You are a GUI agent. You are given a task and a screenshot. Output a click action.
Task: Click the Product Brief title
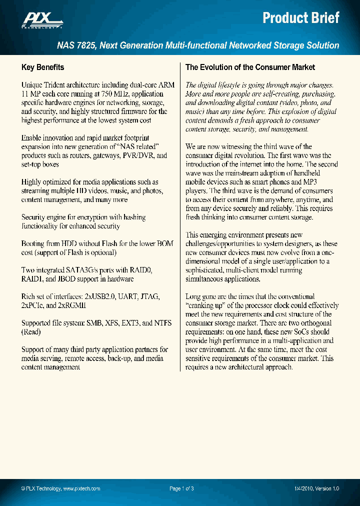(x=301, y=18)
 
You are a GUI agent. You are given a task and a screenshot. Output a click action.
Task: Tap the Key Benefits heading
(x=42, y=67)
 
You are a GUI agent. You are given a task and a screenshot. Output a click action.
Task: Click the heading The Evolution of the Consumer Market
(x=250, y=67)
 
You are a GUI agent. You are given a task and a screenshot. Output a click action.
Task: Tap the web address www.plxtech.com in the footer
(x=81, y=488)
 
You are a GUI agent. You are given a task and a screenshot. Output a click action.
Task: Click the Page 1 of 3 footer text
(x=181, y=488)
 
